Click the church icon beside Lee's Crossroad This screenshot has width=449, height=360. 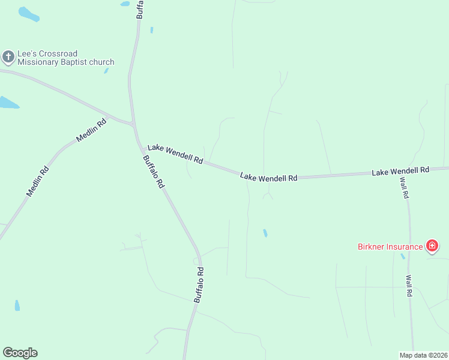pos(8,58)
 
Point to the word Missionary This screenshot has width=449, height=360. pos(40,62)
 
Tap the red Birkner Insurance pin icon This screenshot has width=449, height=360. pos(432,246)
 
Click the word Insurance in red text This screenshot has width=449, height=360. pos(405,247)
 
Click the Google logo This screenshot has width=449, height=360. pos(20,353)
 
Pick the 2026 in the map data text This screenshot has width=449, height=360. pos(438,355)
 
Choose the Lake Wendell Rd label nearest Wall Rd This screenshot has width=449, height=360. pos(400,171)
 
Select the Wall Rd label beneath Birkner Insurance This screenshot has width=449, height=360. pos(409,286)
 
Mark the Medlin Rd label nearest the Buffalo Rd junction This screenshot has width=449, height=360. pos(91,130)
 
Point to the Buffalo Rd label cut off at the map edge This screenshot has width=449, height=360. pos(140,9)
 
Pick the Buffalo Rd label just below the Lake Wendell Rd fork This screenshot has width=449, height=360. pos(153,173)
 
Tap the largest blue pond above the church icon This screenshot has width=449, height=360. pos(28,14)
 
